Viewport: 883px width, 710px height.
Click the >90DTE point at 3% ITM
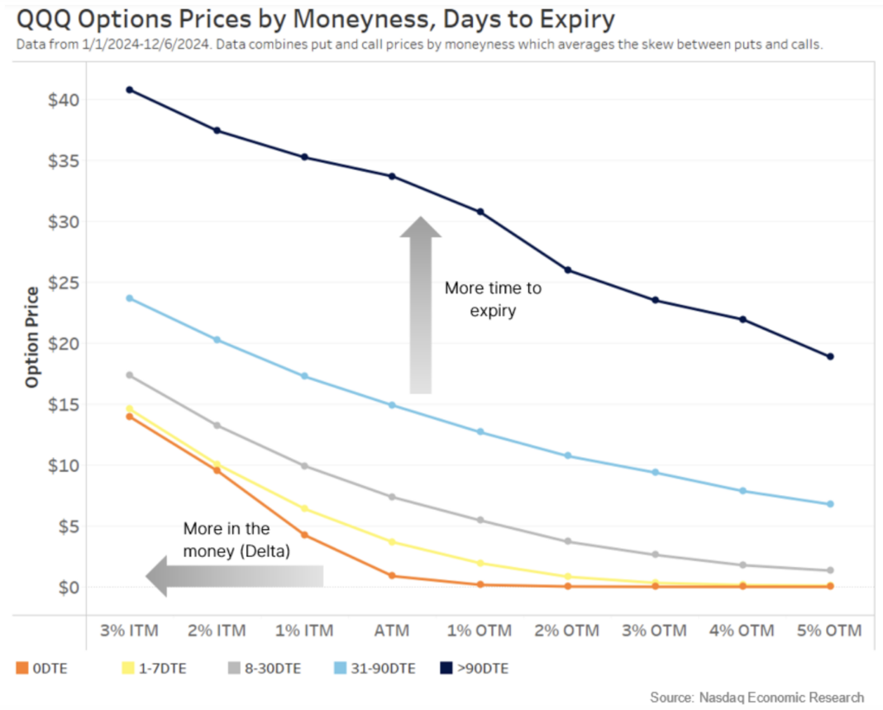130,89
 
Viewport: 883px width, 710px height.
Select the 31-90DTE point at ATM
392,405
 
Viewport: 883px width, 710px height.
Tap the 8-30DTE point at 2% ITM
217,426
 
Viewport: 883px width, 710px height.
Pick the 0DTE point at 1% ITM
304,535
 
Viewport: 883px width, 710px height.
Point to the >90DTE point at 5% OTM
830,357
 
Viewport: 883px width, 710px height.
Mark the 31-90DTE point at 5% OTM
830,504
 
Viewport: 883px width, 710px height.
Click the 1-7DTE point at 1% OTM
480,563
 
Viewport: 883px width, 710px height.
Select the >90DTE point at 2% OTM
567,270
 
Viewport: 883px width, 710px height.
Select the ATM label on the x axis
392,631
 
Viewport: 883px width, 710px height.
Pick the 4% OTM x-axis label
742,631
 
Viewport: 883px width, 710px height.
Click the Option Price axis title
32,336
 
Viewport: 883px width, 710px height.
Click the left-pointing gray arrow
234,576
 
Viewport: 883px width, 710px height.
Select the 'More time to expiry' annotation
493,299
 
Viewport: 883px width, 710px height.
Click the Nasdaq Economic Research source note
757,698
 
